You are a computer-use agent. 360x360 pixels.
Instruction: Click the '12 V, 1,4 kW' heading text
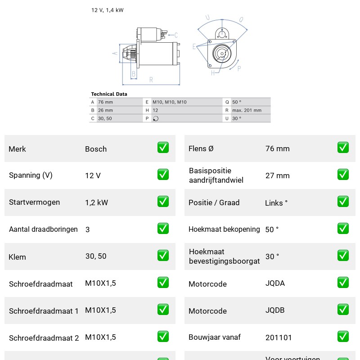tap(107, 10)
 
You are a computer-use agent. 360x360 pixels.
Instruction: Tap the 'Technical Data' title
tap(109, 94)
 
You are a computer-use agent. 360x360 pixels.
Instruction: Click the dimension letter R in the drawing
tap(151, 80)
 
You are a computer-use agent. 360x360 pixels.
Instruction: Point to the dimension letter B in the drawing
tap(134, 74)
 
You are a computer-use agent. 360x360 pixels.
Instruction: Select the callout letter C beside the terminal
tap(176, 35)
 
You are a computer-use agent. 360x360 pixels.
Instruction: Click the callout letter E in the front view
tap(194, 47)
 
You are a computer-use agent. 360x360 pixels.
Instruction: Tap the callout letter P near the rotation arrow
tap(239, 68)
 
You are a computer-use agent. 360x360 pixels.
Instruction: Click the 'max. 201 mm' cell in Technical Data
tap(247, 110)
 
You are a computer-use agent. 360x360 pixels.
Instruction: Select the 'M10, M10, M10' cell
tap(170, 102)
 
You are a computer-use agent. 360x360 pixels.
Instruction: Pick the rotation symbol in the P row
tap(156, 118)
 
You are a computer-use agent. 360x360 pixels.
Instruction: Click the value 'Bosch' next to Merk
tap(96, 149)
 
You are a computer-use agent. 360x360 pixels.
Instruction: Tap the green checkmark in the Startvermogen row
tap(163, 201)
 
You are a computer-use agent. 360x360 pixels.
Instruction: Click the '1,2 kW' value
tap(96, 202)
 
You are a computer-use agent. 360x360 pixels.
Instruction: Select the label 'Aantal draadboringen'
tap(43, 229)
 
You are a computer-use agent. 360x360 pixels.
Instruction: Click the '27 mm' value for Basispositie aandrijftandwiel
tap(277, 175)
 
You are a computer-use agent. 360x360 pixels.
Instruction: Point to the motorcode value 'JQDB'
tap(275, 310)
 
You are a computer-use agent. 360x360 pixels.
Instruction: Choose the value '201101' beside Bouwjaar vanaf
tap(279, 337)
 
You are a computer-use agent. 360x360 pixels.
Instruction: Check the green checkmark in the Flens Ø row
tap(343, 148)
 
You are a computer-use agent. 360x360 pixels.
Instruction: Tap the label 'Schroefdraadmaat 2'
tap(44, 338)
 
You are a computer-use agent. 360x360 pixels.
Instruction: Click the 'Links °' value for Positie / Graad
tap(276, 203)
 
